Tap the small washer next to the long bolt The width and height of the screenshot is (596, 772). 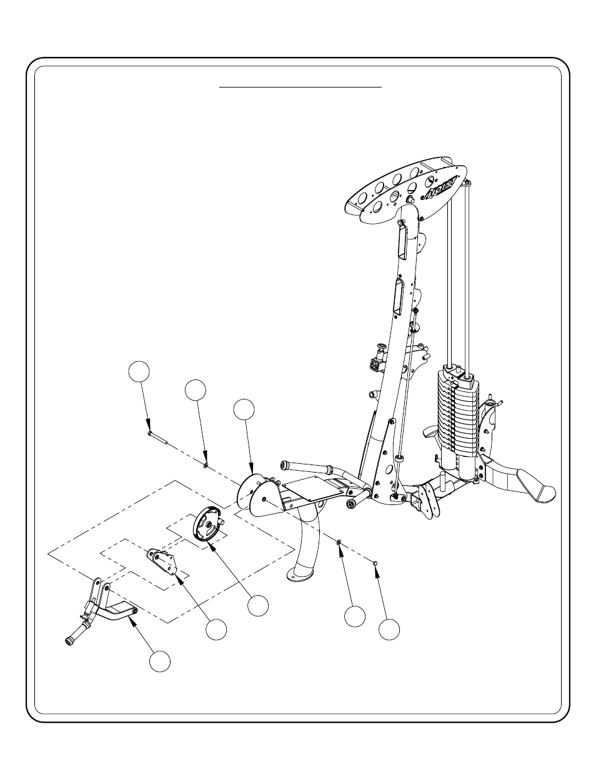click(x=206, y=464)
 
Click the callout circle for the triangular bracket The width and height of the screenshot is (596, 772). click(x=216, y=629)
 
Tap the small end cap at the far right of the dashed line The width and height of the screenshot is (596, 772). click(x=375, y=563)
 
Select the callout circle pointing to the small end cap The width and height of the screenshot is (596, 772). click(x=389, y=629)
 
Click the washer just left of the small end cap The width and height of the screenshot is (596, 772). click(x=339, y=543)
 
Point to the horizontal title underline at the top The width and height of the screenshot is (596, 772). click(x=300, y=88)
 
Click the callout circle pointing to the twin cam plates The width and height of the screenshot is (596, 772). click(x=245, y=409)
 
